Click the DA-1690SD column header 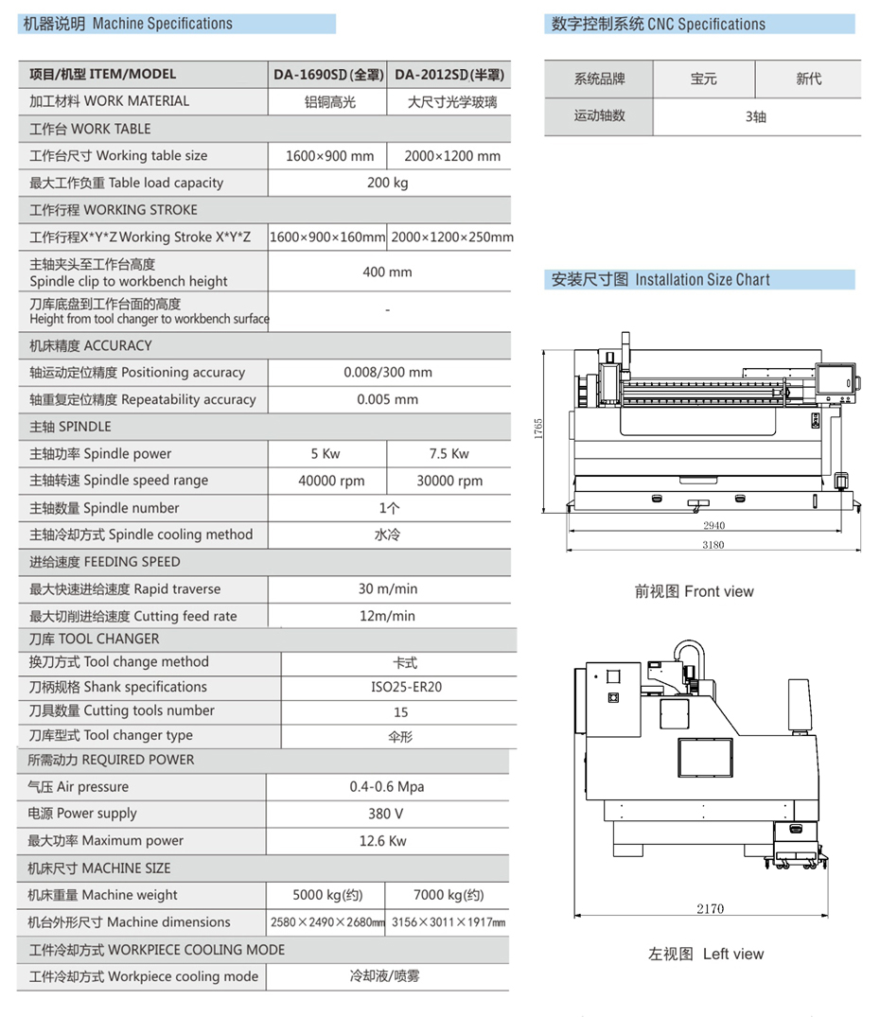[328, 74]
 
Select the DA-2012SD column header [449, 74]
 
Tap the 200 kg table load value [387, 183]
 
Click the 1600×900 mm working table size [329, 156]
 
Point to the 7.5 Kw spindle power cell [449, 453]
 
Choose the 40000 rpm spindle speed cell [331, 481]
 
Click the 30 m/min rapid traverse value [387, 588]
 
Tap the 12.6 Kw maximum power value [382, 840]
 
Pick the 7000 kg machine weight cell [449, 895]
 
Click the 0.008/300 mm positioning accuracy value [387, 373]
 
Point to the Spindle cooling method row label [141, 535]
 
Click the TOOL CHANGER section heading [95, 639]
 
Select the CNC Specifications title [659, 25]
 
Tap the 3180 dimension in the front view [713, 545]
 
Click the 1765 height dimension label [538, 429]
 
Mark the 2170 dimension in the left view [710, 909]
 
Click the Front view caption [694, 591]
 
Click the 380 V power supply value [385, 814]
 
